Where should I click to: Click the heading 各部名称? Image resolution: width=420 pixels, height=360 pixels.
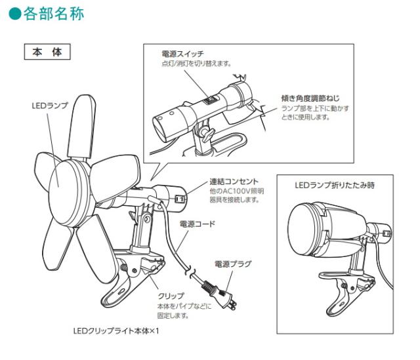coord(54,14)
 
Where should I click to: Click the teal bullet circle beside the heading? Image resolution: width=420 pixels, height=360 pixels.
coord(14,14)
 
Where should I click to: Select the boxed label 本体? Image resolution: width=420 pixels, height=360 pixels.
coord(47,52)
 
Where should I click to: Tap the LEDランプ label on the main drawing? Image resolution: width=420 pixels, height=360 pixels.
coord(50,106)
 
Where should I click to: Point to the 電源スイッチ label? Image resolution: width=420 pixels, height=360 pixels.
coord(183,54)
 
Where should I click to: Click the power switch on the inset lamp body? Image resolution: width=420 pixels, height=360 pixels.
coord(210,100)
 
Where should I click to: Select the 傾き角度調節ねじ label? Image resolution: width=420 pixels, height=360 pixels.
coord(310,98)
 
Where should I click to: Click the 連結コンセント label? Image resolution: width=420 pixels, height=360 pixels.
coord(234,182)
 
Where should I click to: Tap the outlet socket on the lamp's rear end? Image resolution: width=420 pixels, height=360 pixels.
coord(179,199)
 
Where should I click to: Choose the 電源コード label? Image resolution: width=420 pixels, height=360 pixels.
coord(198,224)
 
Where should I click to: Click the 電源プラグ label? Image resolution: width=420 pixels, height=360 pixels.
coord(234,264)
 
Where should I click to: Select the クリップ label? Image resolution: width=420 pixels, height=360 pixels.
coord(171,296)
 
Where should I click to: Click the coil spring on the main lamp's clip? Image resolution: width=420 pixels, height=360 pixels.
coord(124,268)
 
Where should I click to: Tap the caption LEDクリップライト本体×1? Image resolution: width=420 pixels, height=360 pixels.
coord(116,331)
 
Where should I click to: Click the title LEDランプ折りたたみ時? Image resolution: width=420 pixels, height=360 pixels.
coord(335,185)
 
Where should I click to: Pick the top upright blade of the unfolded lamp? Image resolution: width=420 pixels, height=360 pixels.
coord(81,127)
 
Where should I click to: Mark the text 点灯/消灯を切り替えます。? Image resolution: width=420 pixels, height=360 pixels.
coord(196,64)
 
